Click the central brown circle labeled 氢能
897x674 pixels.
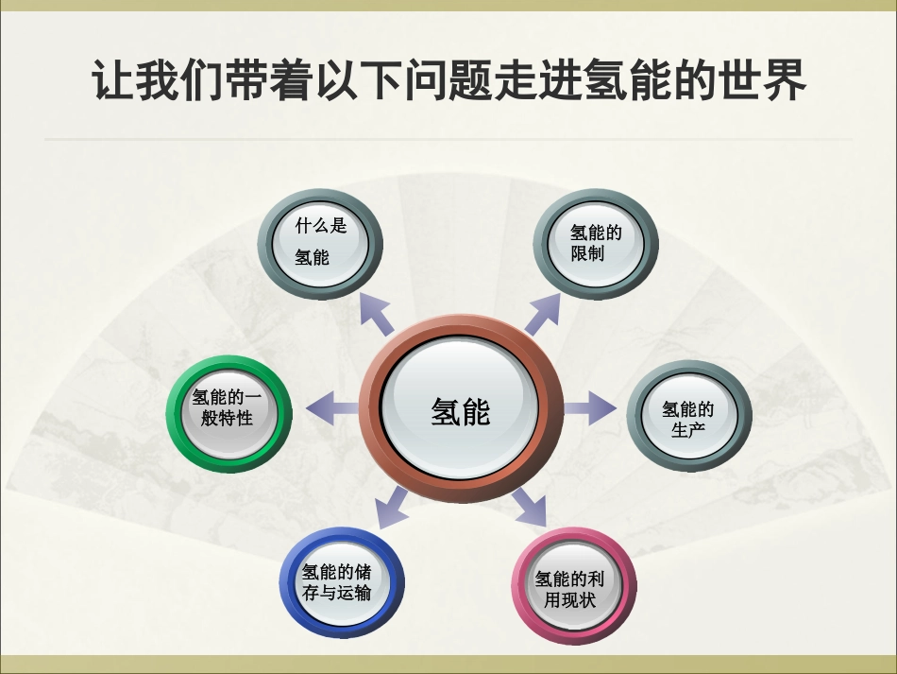point(460,410)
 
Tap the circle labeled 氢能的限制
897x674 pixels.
point(596,243)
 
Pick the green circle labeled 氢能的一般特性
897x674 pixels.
point(228,408)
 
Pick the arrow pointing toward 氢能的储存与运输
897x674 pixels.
point(390,511)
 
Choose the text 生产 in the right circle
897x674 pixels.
point(688,430)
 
